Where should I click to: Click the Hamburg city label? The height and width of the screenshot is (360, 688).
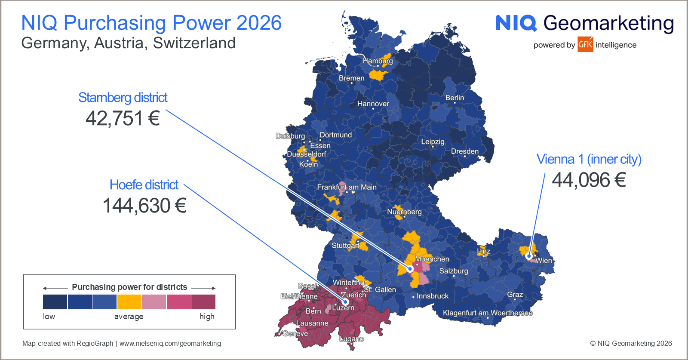coord(378,61)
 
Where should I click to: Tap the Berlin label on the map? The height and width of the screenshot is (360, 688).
coord(455,98)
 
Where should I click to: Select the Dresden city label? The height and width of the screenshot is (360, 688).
coord(464,151)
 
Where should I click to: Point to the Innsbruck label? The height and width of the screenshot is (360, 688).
coord(432,296)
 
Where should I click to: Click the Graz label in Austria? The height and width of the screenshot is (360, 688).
coord(515,295)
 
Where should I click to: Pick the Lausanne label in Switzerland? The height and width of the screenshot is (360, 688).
coord(312,323)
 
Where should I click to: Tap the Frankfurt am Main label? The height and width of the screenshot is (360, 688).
coord(347,187)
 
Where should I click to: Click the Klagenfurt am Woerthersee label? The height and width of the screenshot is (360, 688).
coord(488,313)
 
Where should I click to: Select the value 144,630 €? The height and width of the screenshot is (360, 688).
coord(144,206)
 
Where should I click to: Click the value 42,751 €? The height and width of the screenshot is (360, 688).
coord(123,118)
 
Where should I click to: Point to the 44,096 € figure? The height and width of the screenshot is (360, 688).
coord(589,180)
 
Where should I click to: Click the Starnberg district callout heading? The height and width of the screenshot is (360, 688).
coord(123,98)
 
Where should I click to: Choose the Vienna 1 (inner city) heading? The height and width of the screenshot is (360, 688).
coord(589,159)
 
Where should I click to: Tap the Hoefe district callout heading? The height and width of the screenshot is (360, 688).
coord(144,185)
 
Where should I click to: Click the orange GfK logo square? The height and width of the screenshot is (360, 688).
coord(585,44)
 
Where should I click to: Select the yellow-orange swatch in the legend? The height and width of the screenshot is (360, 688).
coord(129,302)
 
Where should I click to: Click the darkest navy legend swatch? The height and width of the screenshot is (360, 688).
coord(55,302)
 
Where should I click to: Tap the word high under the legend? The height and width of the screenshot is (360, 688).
coord(207,317)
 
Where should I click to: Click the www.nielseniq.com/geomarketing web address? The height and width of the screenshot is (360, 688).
coord(170,343)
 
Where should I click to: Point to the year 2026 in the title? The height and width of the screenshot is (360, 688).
coord(259,23)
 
